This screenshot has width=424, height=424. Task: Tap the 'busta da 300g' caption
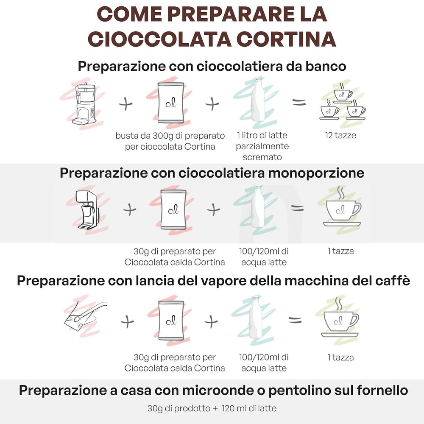coord(170,141)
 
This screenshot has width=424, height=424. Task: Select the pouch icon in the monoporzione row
coord(173,208)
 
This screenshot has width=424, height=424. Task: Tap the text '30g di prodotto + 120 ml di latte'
coord(212,408)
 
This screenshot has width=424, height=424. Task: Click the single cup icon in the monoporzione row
coord(341,208)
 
